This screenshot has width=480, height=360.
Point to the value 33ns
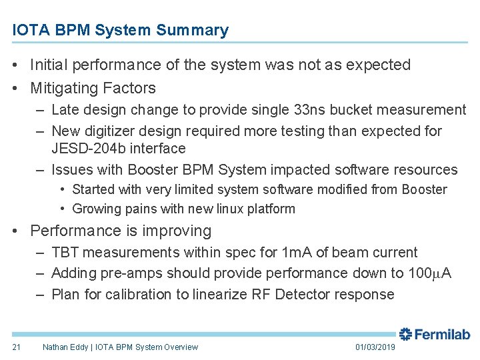pyautogui.click(x=279, y=110)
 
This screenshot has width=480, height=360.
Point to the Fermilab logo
pyautogui.click(x=434, y=335)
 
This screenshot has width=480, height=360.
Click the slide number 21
pyautogui.click(x=17, y=347)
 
